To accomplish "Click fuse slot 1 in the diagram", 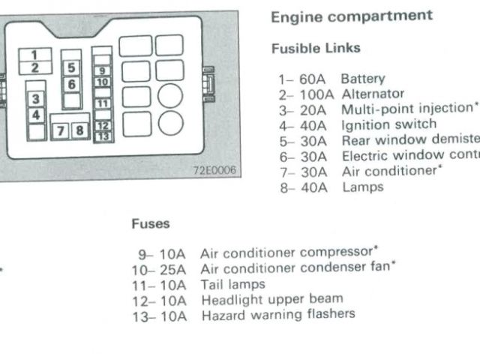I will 34,54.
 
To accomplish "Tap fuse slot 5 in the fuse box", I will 71,67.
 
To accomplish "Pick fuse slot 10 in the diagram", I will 103,81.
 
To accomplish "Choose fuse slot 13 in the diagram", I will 103,137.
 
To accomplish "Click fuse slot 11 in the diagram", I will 103,103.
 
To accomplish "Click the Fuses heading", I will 150,223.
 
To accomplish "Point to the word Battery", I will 362,79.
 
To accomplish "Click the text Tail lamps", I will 232,284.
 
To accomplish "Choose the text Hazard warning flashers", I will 277,314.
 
